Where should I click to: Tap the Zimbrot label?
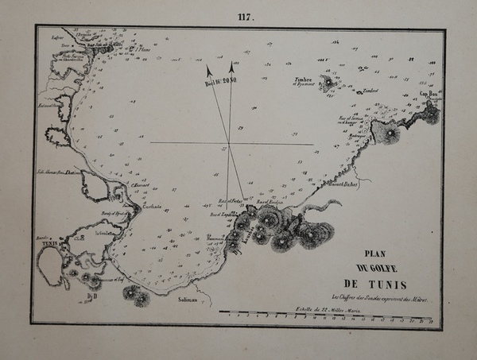[x=369, y=90]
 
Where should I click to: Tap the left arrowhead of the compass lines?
[x=209, y=70]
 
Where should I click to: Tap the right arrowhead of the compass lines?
[x=231, y=67]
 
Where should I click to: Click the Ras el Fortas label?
[x=230, y=202]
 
